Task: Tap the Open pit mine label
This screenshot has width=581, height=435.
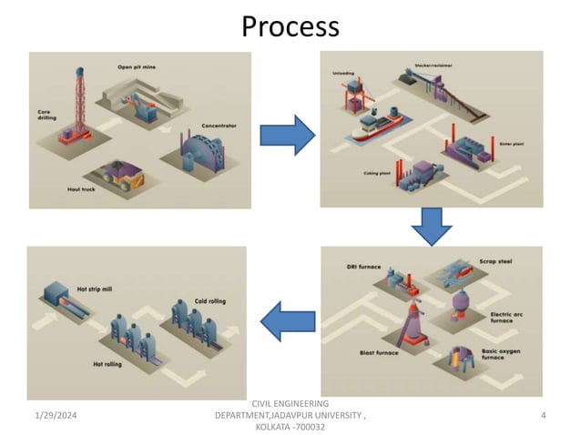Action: (x=137, y=66)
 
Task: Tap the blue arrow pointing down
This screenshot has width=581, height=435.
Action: (x=431, y=227)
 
